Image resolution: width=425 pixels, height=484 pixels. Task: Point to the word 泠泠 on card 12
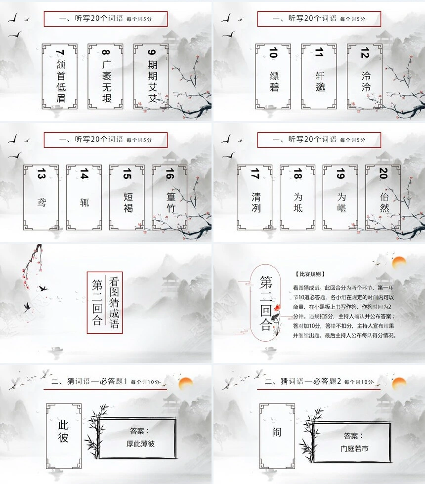(x=365, y=82)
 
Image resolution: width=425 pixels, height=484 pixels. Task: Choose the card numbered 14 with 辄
(x=84, y=197)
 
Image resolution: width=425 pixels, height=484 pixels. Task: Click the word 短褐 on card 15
(x=127, y=202)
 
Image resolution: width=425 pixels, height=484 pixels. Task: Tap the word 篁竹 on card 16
(x=170, y=203)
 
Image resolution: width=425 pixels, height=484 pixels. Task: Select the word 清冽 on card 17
(x=255, y=202)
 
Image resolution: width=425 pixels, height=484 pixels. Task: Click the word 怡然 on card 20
(x=383, y=202)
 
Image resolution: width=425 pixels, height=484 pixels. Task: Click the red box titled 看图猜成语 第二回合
(x=104, y=302)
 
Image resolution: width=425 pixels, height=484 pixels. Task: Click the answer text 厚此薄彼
(x=140, y=443)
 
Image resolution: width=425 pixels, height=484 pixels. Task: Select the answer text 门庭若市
(x=354, y=448)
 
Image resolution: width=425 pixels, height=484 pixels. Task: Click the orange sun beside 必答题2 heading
(x=399, y=383)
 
